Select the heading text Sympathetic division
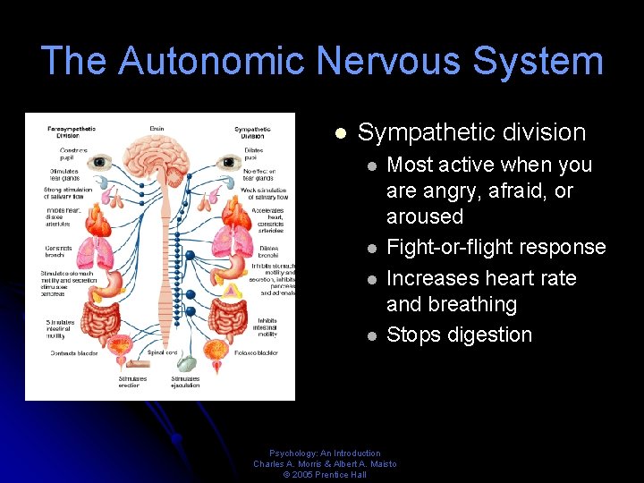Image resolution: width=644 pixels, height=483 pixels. coord(471,132)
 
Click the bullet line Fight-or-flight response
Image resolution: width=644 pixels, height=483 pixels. coord(496,247)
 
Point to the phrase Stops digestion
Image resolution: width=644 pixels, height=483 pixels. coord(459,335)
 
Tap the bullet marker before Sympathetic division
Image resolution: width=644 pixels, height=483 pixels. coord(340,133)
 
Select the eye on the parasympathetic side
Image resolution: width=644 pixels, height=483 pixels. coord(98,163)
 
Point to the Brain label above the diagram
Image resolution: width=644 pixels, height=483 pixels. coord(157,129)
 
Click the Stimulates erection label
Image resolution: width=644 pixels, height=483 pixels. coord(132,381)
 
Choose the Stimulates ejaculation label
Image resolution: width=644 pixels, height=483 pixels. coord(186,381)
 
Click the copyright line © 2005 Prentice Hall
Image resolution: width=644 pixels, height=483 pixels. coord(325,474)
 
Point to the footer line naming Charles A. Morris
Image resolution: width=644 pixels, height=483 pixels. coord(325,463)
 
